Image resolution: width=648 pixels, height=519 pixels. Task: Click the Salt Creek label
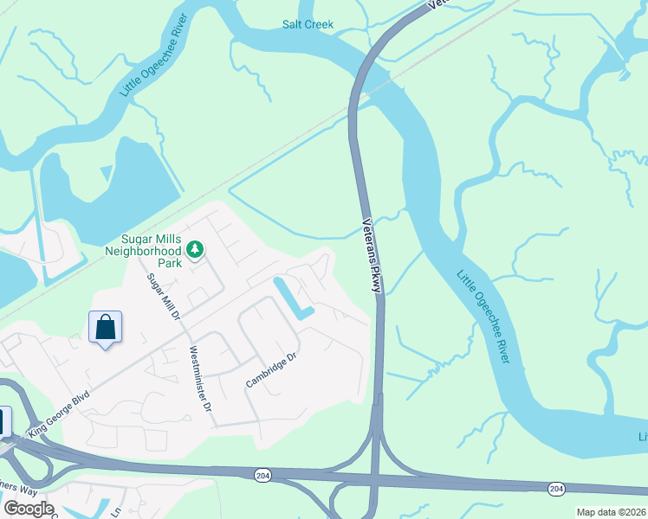308,25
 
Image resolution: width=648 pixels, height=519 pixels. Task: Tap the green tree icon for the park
196,250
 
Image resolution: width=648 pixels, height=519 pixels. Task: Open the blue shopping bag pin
105,329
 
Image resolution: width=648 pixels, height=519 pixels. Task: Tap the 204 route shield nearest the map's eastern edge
554,490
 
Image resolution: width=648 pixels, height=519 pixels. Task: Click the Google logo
29,509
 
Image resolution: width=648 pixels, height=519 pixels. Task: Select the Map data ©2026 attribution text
612,512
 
